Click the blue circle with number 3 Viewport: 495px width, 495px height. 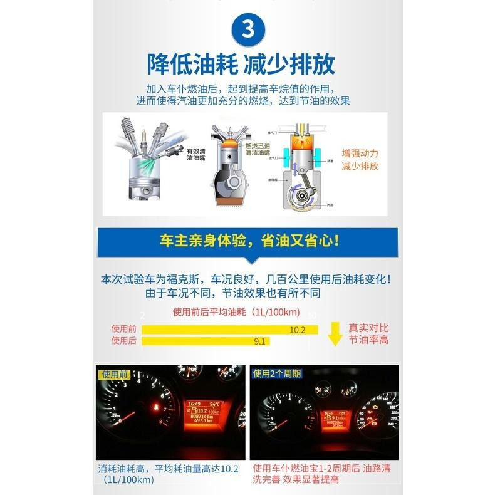pos(247,29)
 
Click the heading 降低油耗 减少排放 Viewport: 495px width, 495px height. pos(241,64)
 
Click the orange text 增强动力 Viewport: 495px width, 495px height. pos(360,153)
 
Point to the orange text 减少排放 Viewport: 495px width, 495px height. pos(360,167)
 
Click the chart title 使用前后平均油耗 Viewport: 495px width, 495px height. pos(236,312)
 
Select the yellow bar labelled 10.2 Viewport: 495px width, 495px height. pos(229,330)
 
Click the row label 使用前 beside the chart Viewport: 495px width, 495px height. pos(123,329)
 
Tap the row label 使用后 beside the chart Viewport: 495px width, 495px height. pos(123,340)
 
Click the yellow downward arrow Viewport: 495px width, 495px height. pos(336,334)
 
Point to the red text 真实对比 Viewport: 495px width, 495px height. pos(368,328)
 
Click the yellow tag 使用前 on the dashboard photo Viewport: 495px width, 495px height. pos(113,374)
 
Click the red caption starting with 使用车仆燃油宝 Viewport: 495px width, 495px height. pos(325,474)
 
